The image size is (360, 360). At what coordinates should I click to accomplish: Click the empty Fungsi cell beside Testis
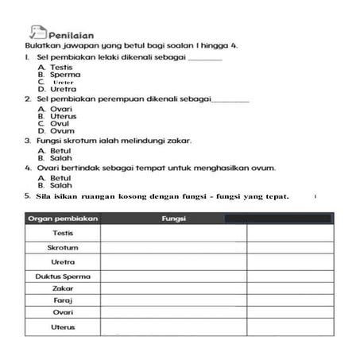click(172, 234)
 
